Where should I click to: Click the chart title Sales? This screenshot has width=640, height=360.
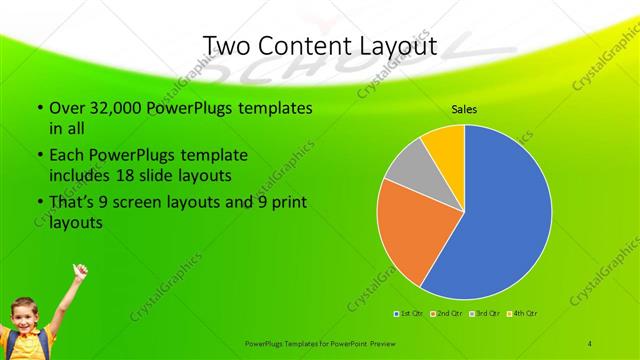coord(464,109)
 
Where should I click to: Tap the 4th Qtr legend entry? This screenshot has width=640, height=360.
coord(522,313)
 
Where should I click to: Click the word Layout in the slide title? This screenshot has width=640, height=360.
coord(391,46)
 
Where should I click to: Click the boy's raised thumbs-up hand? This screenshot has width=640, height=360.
coord(80,270)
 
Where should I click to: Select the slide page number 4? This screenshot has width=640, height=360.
coord(590,343)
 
